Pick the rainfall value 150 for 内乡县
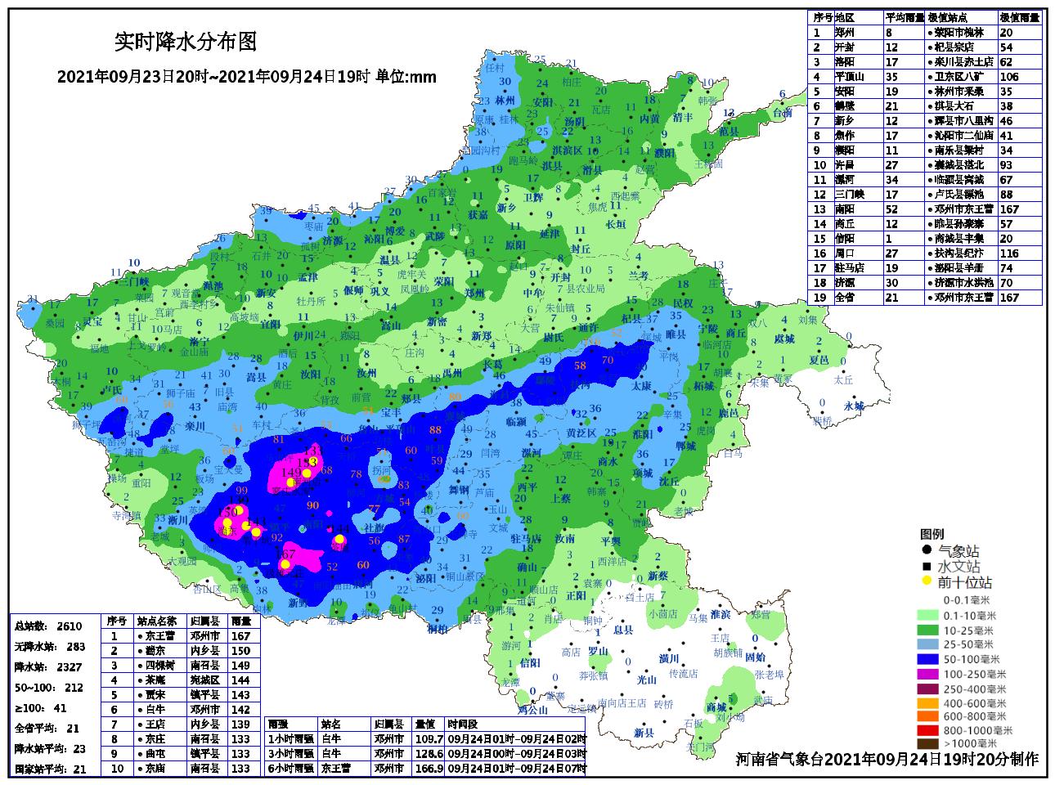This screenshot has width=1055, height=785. (240, 650)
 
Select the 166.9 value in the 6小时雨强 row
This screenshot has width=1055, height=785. (429, 769)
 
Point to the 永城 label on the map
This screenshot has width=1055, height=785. (854, 406)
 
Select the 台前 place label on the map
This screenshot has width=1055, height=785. (782, 114)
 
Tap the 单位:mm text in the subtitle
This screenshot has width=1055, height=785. (406, 78)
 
